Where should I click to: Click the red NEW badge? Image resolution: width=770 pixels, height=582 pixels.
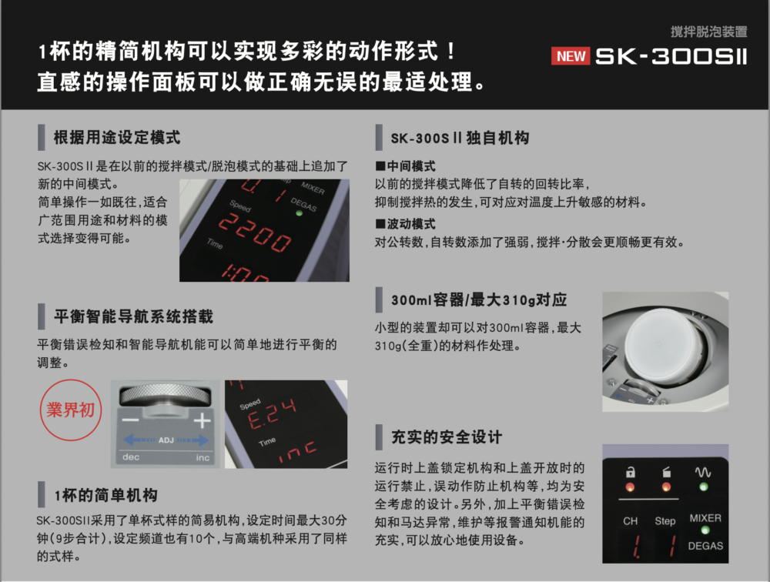pos(571,56)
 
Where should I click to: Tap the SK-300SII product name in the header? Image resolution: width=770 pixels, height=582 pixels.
pos(671,56)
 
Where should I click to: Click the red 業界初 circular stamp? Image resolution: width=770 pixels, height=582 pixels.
pos(71,410)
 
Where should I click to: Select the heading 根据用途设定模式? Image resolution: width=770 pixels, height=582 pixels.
pos(116,138)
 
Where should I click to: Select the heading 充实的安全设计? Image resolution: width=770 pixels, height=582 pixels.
pos(446,437)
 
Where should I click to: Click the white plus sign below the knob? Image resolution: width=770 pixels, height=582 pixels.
pos(202,421)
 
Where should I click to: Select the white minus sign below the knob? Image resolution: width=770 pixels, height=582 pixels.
pos(131,422)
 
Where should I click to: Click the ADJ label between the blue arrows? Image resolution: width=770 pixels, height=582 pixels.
pos(166,440)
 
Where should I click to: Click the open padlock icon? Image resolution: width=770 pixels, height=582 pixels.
pos(631,472)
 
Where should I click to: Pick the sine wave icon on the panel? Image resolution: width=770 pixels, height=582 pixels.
pos(702,471)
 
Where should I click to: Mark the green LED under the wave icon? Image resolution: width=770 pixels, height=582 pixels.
pos(702,487)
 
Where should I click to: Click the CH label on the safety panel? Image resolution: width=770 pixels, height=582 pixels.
pos(630,521)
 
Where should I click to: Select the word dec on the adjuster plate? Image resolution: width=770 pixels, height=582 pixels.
pos(131,457)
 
